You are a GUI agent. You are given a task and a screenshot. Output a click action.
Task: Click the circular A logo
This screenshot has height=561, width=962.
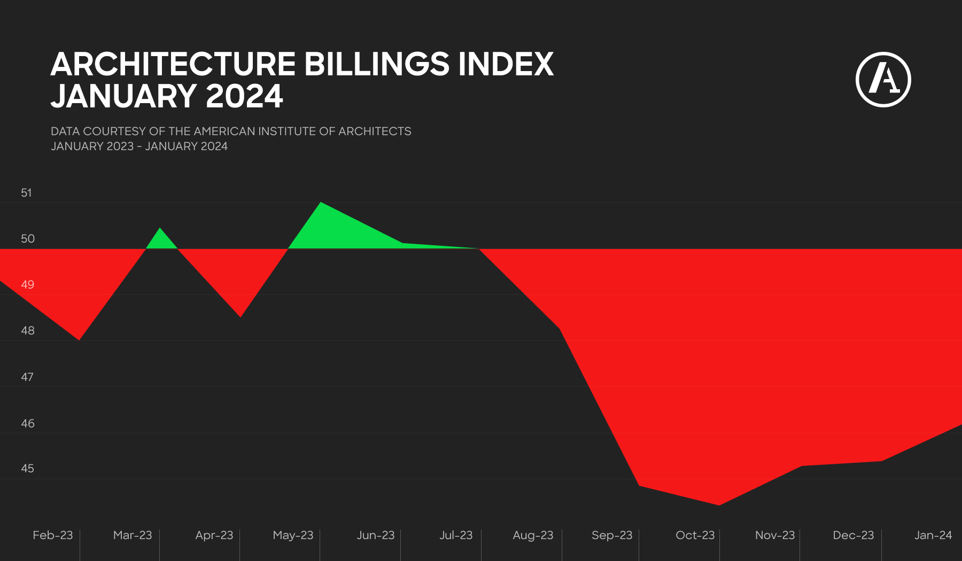(883, 80)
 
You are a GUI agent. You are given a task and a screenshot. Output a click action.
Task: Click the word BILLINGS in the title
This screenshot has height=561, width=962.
(377, 65)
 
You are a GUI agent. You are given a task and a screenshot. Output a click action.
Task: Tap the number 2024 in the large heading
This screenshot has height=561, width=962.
(244, 97)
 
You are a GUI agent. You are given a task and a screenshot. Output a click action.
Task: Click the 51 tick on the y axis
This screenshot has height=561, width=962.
(26, 193)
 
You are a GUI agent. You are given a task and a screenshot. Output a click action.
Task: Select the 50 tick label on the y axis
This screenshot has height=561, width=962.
(27, 239)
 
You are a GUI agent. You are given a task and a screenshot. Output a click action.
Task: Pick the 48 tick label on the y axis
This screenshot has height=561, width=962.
(27, 331)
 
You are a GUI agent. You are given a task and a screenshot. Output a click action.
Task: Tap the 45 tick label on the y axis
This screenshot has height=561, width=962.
(27, 469)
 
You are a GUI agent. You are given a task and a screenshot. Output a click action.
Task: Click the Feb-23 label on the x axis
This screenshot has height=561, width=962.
(52, 535)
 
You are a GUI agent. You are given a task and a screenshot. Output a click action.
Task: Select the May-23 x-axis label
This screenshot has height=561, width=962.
(293, 535)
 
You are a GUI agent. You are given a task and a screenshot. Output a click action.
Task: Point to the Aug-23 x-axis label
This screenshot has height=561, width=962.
(533, 535)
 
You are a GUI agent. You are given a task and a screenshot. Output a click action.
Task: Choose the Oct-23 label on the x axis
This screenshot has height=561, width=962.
(695, 535)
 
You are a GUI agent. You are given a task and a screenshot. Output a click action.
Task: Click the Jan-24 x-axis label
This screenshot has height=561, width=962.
(933, 535)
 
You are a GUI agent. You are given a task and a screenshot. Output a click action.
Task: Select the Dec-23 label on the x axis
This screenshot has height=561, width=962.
(853, 535)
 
